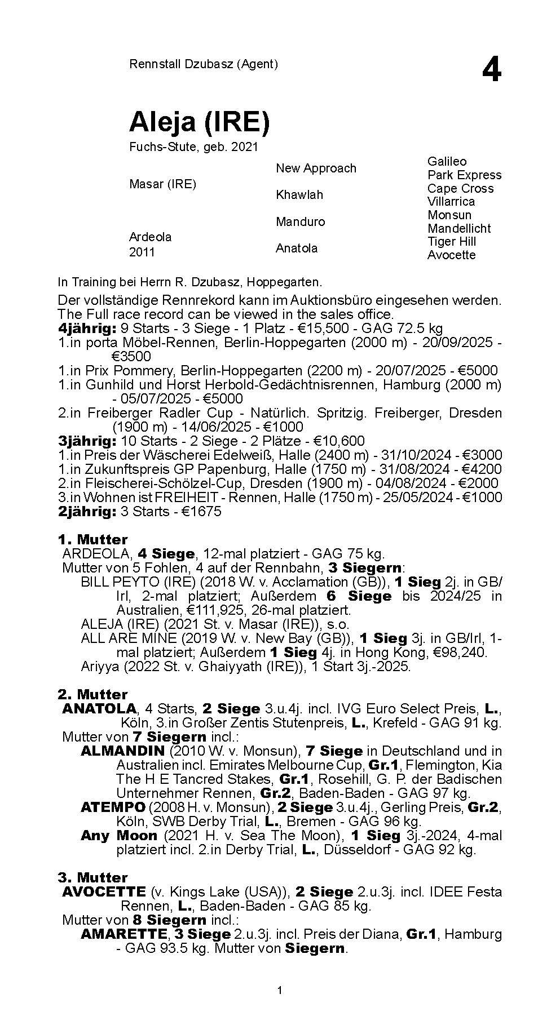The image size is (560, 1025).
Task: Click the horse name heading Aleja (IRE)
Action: coord(199,122)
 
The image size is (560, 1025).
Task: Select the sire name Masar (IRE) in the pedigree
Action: coord(162,184)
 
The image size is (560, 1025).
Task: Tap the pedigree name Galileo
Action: coord(447,162)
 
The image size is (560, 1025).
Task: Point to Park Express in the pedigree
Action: coord(464,175)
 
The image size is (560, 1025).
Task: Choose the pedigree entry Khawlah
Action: coord(299,195)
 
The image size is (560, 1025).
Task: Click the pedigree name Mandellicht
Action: coord(458,229)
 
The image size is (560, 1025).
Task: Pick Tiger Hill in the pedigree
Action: coord(451,242)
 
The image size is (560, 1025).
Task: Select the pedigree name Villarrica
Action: coord(451,202)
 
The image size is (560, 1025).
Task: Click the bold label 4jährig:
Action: coord(87,329)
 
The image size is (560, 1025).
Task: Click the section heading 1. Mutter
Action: coord(92,540)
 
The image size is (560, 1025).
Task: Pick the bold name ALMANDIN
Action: coord(122,751)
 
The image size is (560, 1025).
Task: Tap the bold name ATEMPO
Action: coord(113,807)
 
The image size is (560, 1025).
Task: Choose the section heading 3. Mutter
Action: coord(92,878)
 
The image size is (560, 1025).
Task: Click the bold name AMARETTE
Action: coord(124,934)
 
